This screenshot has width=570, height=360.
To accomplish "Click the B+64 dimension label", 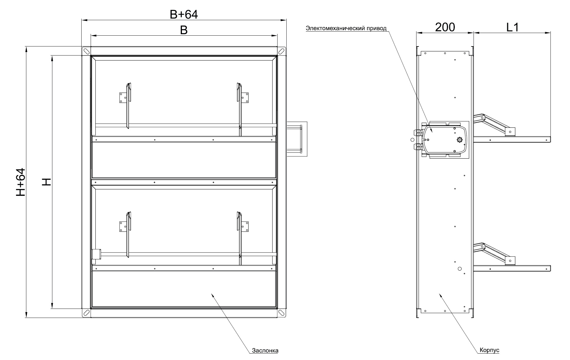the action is [x=184, y=14].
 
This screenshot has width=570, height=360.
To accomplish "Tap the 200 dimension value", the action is [x=445, y=27].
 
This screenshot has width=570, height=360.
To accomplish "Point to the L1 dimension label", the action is [x=512, y=27].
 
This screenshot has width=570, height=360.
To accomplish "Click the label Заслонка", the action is [x=265, y=350].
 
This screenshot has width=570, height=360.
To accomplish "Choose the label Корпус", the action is [x=489, y=350].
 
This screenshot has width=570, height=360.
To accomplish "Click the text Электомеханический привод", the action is [x=346, y=28].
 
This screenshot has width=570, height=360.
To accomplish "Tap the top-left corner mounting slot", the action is [x=86, y=51].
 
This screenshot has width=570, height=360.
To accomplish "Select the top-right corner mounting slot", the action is [x=281, y=51].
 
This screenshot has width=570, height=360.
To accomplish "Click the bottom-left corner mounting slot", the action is [x=86, y=313].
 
